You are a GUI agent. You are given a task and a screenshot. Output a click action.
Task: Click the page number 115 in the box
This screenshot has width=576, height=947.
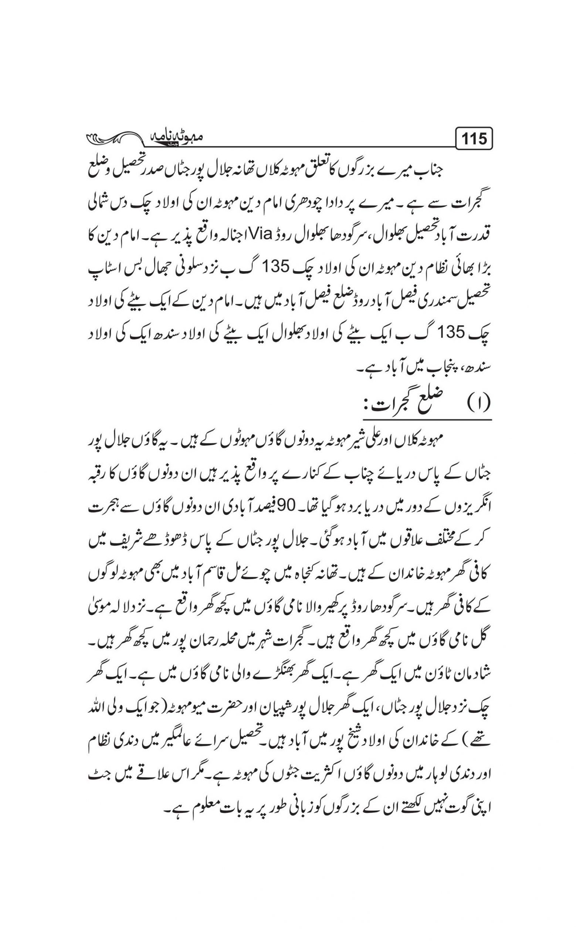coord(474,139)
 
